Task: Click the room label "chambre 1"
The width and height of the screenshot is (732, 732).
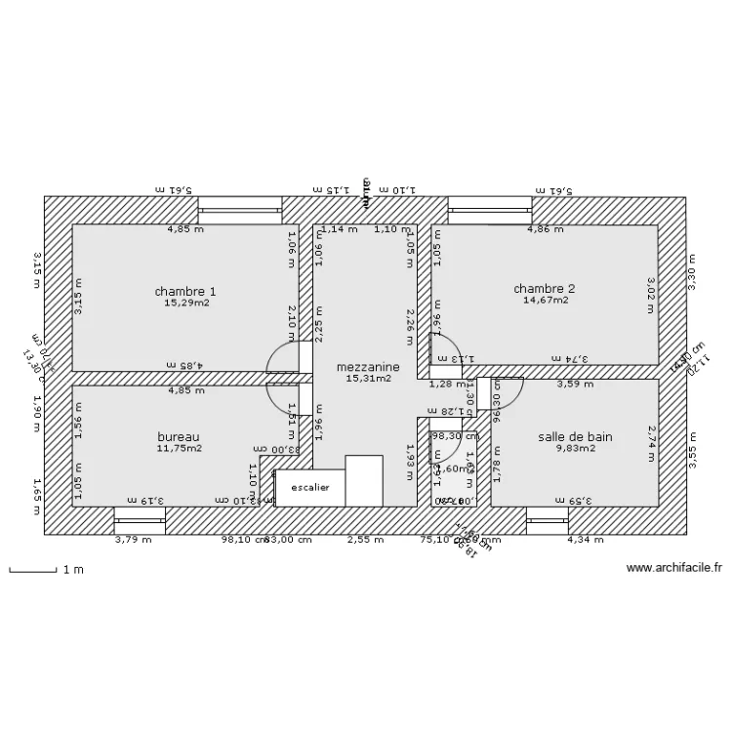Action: [x=185, y=291]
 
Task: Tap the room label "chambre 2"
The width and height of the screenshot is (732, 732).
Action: [x=545, y=288]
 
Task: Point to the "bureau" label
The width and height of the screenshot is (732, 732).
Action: [x=179, y=436]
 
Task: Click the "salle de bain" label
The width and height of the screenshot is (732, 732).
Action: [x=575, y=436]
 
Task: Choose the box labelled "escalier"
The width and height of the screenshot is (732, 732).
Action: [x=310, y=486]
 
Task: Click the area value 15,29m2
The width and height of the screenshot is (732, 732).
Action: [x=186, y=304]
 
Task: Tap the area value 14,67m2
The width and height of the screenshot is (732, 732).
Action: [x=546, y=301]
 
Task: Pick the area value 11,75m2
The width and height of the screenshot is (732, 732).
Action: [x=180, y=449]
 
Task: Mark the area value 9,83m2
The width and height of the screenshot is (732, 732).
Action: [x=576, y=449]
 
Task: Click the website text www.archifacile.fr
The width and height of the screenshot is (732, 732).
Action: [x=673, y=568]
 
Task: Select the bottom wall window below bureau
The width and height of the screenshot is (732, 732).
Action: [x=140, y=518]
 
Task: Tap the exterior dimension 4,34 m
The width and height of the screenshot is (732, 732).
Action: [x=587, y=539]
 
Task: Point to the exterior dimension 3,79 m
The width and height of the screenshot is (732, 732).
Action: [x=133, y=539]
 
